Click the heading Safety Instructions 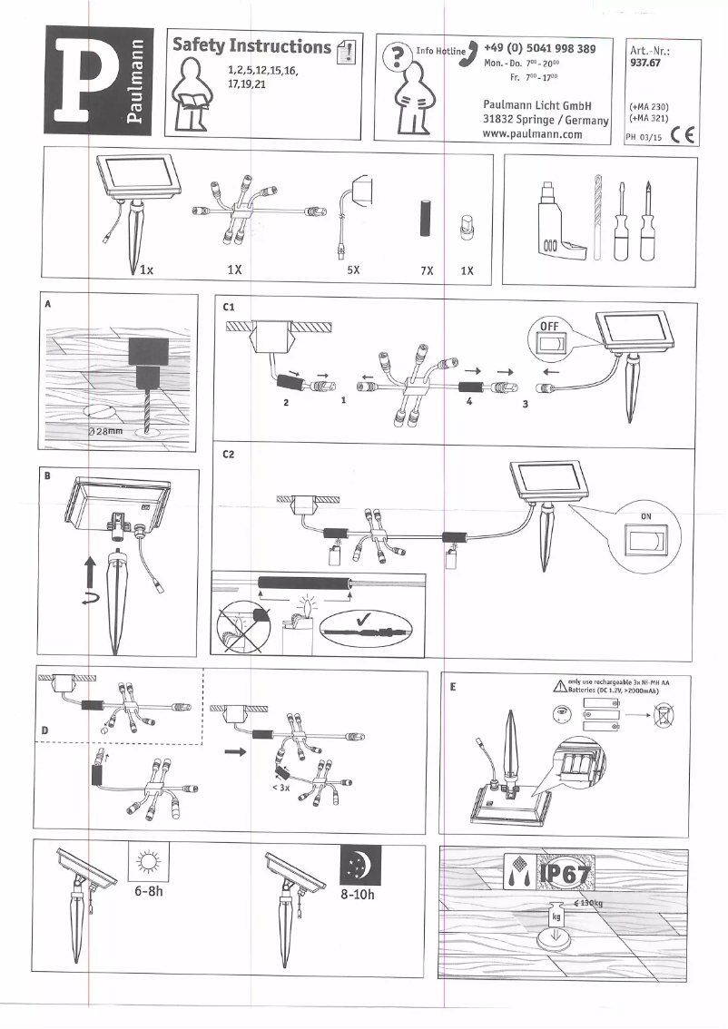tap(251, 46)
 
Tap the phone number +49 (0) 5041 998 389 tap(539, 48)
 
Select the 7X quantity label tap(427, 269)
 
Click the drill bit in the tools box tap(600, 215)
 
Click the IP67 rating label tap(565, 875)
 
